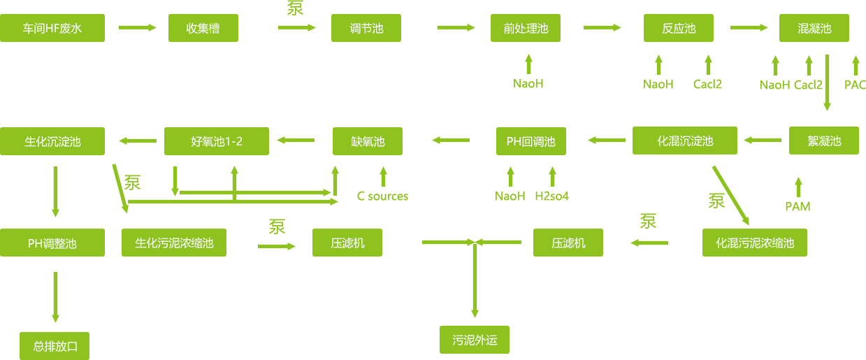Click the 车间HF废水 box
[x=52, y=28]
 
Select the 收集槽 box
[x=203, y=28]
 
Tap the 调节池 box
[x=366, y=28]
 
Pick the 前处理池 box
[x=526, y=28]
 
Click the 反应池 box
[x=679, y=28]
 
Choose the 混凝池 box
[x=814, y=28]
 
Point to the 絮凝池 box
[x=824, y=141]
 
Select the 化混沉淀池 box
[x=685, y=141]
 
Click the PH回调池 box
[x=531, y=141]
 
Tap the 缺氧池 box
[x=368, y=141]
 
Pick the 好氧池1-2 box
[x=217, y=141]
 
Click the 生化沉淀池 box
[x=52, y=141]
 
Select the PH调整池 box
[x=52, y=243]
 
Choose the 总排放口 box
[x=55, y=346]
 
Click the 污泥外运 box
[x=475, y=340]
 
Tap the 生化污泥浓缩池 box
[x=174, y=243]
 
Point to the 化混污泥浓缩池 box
[x=755, y=243]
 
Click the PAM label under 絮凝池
[x=798, y=207]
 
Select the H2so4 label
[x=552, y=196]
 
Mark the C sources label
[x=383, y=196]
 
